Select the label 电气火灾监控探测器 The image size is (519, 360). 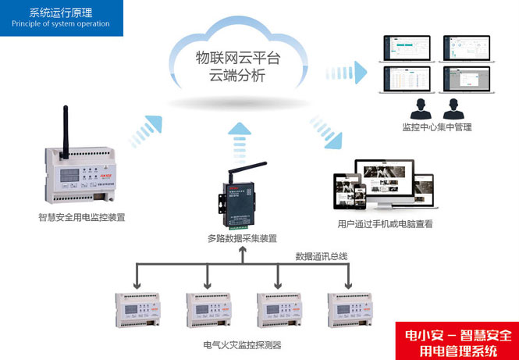[242, 344]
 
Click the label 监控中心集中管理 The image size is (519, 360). [437, 127]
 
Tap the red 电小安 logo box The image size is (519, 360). [455, 341]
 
